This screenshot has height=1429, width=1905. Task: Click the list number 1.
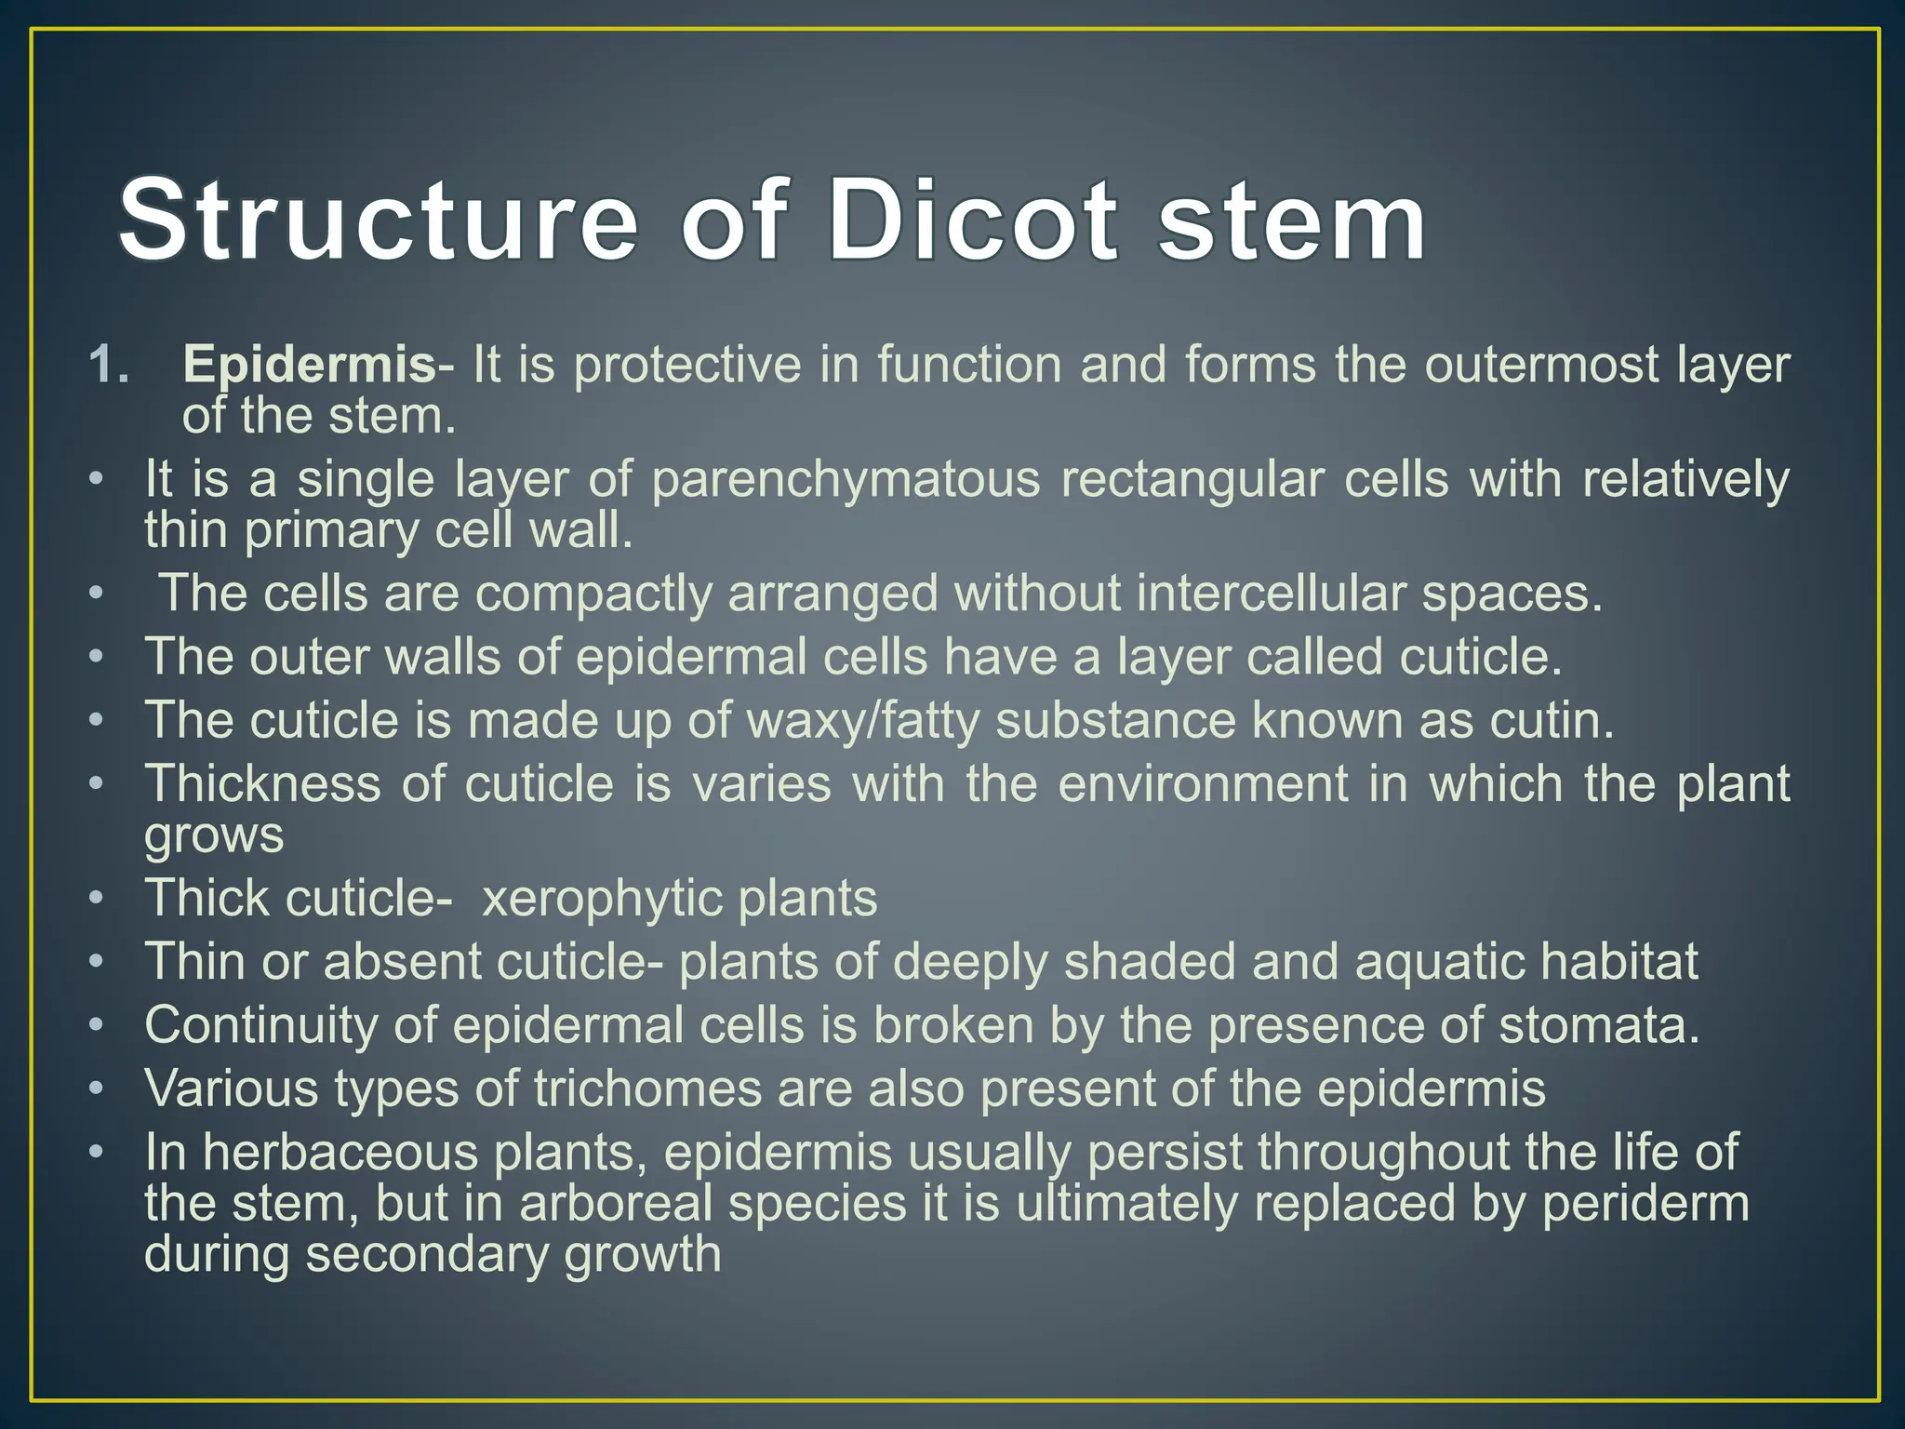coord(109,364)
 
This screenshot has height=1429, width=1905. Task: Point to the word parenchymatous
coord(845,481)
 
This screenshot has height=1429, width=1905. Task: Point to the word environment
coord(1203,783)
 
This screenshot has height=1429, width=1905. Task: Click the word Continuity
coord(260,1025)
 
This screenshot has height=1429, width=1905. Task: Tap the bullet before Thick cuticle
coord(96,900)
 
